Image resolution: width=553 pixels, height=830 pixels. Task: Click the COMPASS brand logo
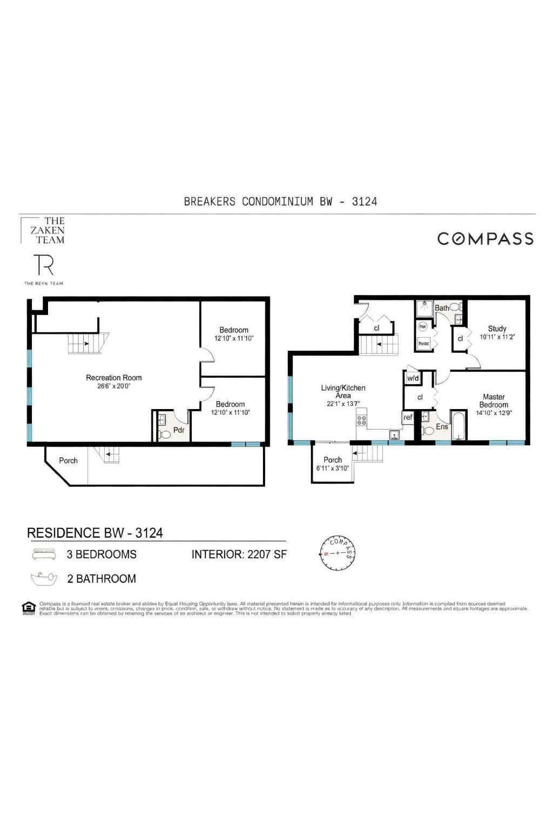click(485, 239)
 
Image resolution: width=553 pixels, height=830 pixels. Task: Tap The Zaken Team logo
click(48, 231)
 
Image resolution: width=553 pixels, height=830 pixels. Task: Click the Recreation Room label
click(113, 378)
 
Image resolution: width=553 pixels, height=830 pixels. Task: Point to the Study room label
click(497, 329)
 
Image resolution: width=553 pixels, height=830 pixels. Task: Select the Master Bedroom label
click(494, 401)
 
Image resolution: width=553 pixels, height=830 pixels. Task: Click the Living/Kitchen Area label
click(343, 392)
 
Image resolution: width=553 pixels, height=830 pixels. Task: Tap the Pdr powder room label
click(179, 430)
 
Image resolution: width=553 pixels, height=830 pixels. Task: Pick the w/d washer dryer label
click(413, 378)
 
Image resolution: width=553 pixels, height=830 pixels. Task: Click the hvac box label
click(424, 344)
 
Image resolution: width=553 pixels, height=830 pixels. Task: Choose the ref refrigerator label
click(408, 417)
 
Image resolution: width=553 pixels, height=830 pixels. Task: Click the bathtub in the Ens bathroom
click(458, 426)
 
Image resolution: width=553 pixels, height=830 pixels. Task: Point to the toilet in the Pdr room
click(165, 433)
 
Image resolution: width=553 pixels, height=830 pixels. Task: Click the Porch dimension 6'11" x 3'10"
click(333, 468)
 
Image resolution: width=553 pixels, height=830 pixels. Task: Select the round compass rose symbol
click(338, 553)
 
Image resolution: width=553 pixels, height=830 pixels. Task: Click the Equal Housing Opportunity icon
click(29, 608)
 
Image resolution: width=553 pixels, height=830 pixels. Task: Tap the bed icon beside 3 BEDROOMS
click(44, 554)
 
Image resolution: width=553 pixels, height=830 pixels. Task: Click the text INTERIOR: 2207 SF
click(239, 554)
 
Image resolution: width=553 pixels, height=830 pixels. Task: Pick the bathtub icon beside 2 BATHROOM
click(44, 579)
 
